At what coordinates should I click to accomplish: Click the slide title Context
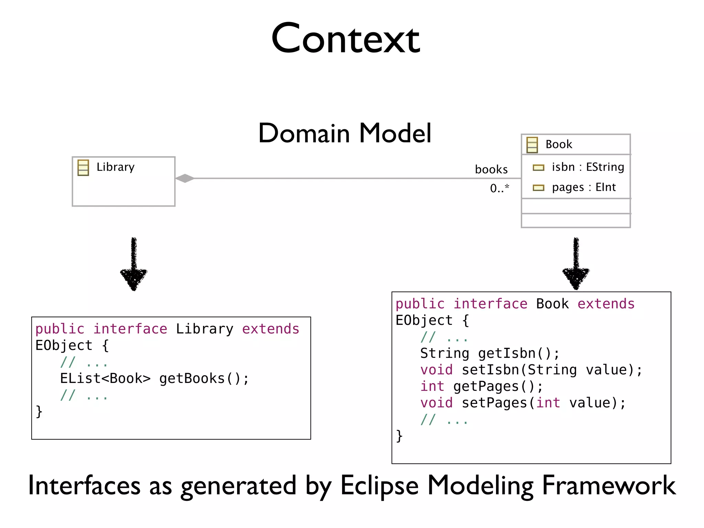[x=345, y=38]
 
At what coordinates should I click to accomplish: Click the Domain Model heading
[x=345, y=133]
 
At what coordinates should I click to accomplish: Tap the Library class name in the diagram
[x=115, y=167]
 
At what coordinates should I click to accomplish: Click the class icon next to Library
[x=83, y=168]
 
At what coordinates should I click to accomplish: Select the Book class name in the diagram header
[x=559, y=144]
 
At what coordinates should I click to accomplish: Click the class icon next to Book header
[x=532, y=145]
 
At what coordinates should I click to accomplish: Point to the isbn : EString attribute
[x=587, y=167]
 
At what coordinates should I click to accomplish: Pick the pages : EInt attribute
[x=583, y=187]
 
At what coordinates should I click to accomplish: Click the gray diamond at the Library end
[x=185, y=178]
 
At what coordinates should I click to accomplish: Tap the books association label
[x=491, y=169]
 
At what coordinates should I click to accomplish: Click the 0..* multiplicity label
[x=499, y=188]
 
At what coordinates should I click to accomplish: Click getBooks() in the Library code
[x=204, y=378]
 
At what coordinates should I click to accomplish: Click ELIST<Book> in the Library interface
[x=105, y=378]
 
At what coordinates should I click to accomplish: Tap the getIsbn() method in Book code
[x=518, y=353]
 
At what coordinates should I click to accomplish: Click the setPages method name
[x=494, y=403]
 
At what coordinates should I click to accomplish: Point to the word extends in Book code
[x=606, y=304]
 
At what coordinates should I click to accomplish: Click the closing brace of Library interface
[x=39, y=411]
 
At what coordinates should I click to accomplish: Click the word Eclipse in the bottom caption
[x=379, y=486]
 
